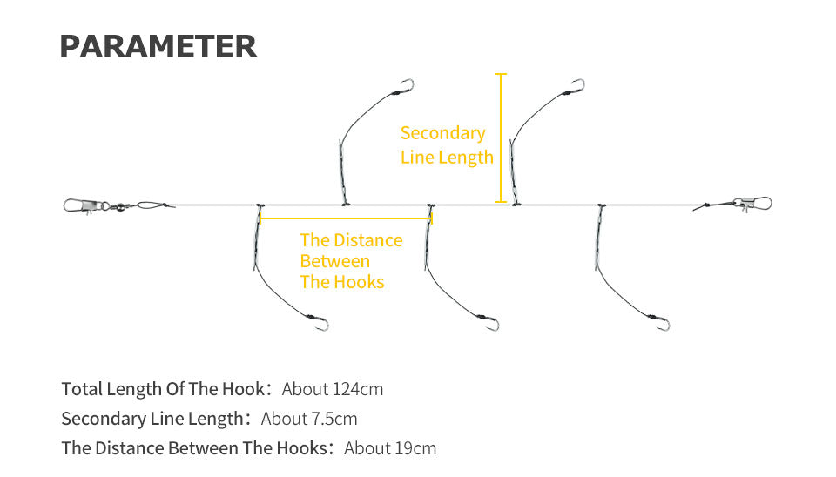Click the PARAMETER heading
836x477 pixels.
tap(158, 46)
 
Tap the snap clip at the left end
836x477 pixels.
tap(83, 205)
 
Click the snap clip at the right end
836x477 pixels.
tap(752, 203)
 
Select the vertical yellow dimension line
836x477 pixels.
tap(500, 138)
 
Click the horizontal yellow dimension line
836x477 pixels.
tap(346, 218)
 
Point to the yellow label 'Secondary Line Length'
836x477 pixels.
tap(447, 145)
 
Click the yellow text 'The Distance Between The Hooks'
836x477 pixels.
tap(351, 260)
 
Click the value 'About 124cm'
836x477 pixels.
tap(332, 389)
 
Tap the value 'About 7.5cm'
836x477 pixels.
tap(309, 419)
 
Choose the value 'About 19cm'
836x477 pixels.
tap(390, 448)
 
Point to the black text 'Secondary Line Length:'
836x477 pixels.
tap(156, 419)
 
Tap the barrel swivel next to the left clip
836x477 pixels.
tap(119, 205)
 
